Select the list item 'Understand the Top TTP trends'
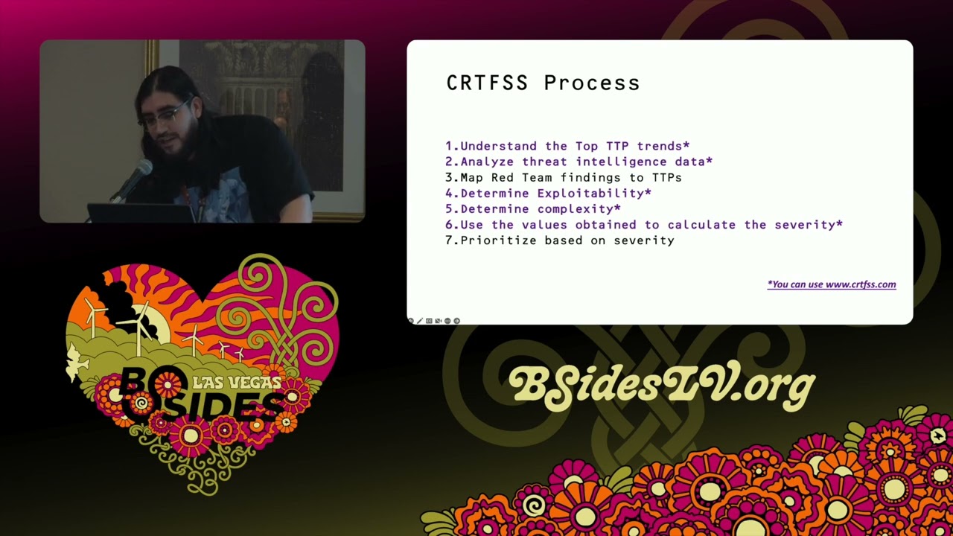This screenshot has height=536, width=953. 567,146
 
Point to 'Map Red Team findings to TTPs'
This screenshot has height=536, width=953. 564,177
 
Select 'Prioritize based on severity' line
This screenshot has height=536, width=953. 560,240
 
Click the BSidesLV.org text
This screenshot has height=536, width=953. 661,385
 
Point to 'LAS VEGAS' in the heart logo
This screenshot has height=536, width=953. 237,383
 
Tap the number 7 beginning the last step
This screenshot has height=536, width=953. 450,240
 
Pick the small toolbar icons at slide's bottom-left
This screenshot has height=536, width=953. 433,321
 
